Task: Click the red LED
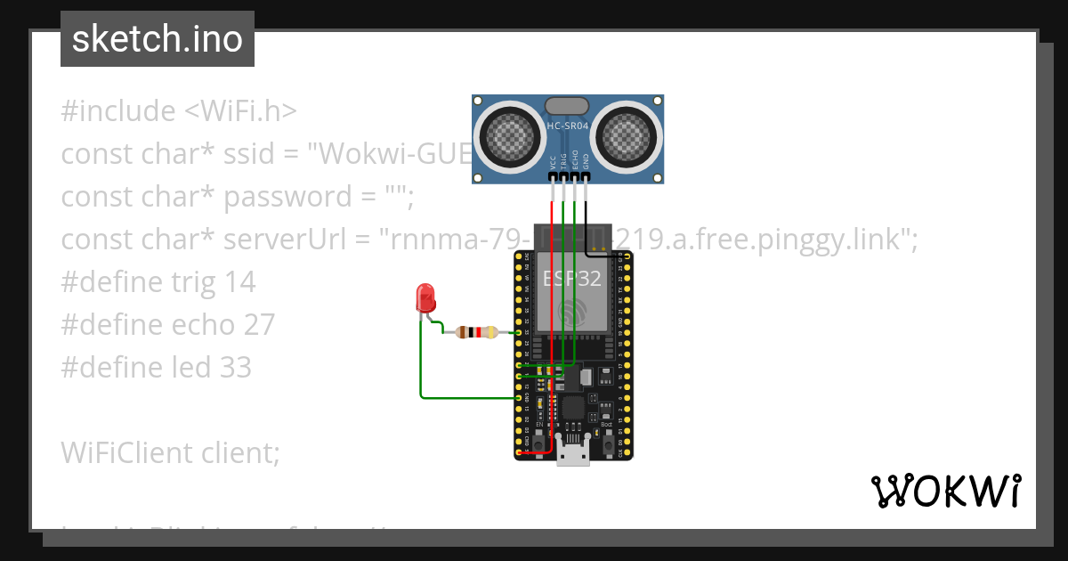click(x=425, y=297)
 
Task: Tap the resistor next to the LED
click(x=476, y=332)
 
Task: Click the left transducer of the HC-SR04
click(x=513, y=135)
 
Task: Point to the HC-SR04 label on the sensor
click(x=568, y=126)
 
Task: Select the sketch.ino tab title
click(x=158, y=39)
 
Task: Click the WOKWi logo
click(x=946, y=491)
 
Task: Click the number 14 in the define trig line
click(x=239, y=282)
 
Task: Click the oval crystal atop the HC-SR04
click(x=567, y=106)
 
